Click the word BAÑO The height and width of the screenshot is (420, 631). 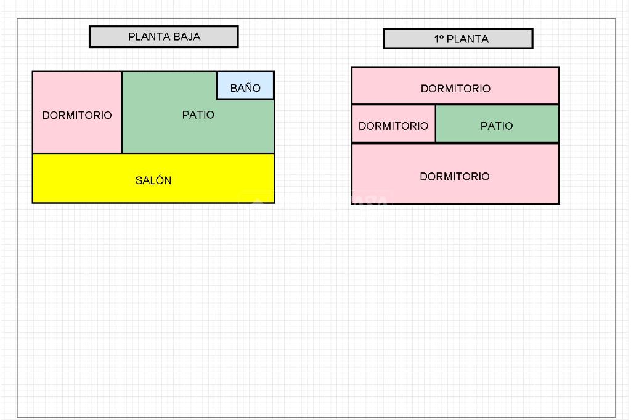pyautogui.click(x=245, y=88)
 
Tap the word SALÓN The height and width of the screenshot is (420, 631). pyautogui.click(x=153, y=180)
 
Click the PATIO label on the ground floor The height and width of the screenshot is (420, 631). pyautogui.click(x=198, y=115)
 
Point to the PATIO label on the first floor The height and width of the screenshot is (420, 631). pyautogui.click(x=497, y=126)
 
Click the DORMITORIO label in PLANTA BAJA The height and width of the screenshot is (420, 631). pyautogui.click(x=77, y=116)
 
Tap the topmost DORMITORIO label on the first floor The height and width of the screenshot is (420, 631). pyautogui.click(x=455, y=89)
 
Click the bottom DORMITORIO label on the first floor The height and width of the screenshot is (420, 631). pyautogui.click(x=455, y=177)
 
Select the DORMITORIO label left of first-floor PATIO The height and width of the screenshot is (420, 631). pyautogui.click(x=393, y=126)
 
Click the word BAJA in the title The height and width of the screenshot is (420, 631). pyautogui.click(x=187, y=37)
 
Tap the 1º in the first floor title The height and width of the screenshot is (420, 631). pyautogui.click(x=439, y=39)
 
